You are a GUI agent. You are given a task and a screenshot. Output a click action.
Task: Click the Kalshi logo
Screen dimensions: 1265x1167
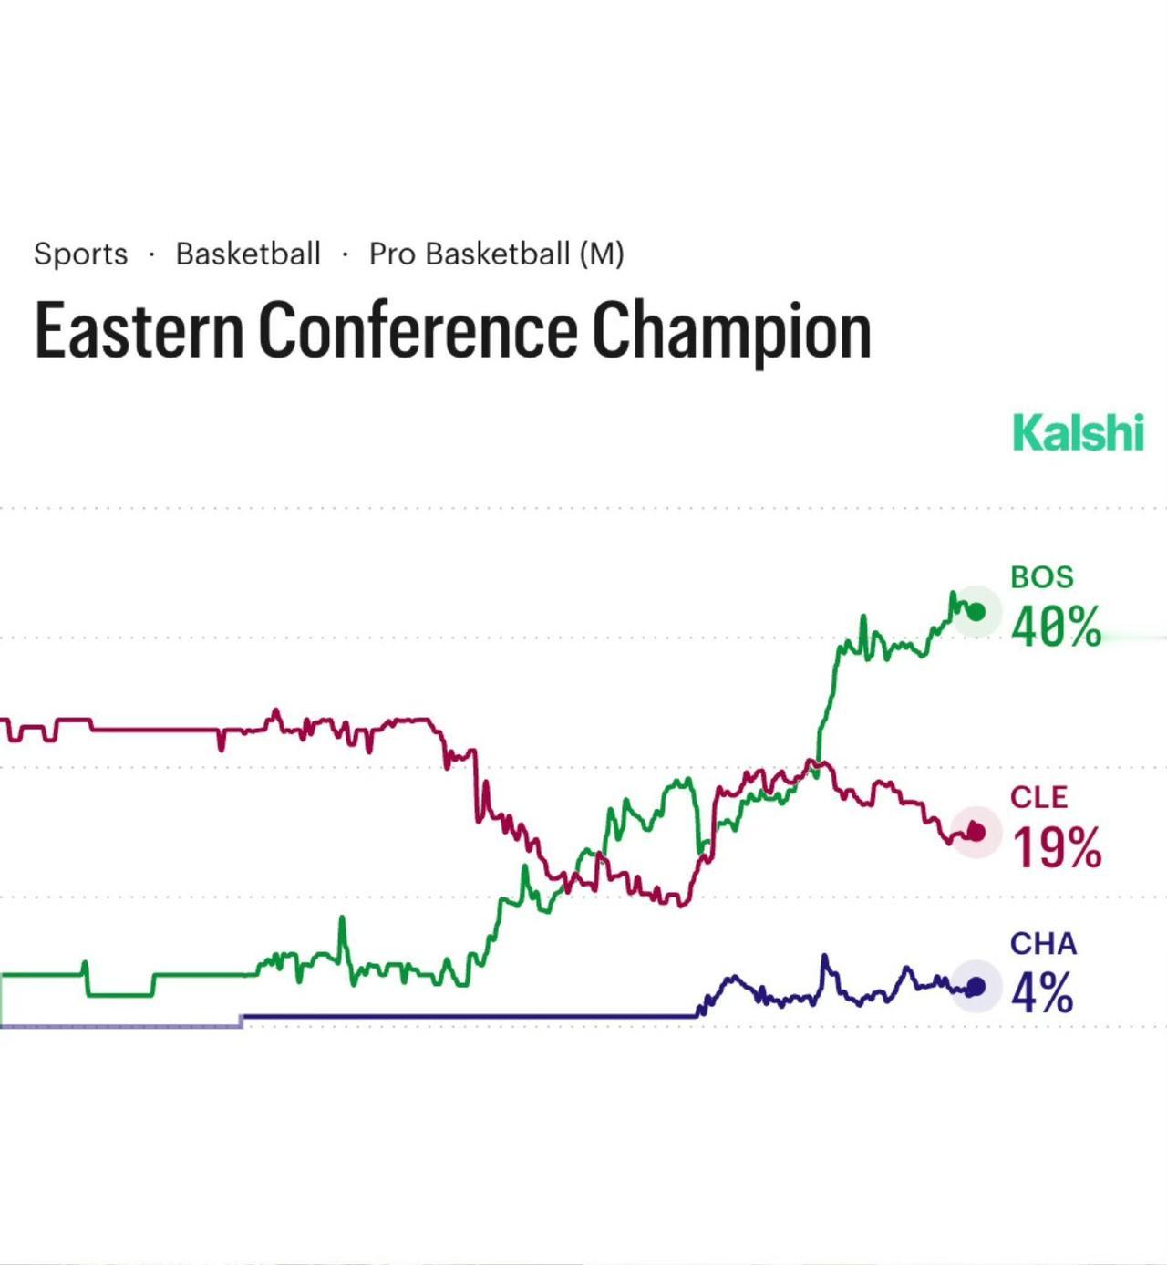(1078, 432)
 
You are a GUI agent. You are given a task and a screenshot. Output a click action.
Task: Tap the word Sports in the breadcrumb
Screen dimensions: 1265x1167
(80, 254)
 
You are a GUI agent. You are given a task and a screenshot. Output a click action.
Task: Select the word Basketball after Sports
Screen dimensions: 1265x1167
(248, 254)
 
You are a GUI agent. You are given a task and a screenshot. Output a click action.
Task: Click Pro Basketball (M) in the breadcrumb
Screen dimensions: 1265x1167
(496, 254)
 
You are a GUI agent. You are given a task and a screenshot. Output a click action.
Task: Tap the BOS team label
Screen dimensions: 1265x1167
(1041, 577)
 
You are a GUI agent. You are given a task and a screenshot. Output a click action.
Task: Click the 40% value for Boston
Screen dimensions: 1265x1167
(1056, 627)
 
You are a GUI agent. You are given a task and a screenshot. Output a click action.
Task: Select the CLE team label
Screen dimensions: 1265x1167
(1038, 797)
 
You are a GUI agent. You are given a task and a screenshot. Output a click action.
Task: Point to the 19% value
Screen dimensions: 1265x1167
(1057, 848)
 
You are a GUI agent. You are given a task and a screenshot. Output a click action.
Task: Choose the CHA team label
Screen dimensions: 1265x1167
(1043, 943)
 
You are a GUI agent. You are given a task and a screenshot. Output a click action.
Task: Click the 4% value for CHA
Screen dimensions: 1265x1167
(1041, 992)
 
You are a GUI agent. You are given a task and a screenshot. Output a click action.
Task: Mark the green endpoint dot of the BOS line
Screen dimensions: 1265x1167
(976, 612)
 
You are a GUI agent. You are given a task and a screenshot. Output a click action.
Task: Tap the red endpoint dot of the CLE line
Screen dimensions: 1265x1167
(976, 832)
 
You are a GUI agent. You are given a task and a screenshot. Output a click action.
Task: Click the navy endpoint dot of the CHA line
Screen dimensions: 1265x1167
(976, 987)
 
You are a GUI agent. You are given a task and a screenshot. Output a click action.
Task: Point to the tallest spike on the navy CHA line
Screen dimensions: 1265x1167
(825, 957)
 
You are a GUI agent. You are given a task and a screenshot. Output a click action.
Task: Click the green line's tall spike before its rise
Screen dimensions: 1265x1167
(343, 919)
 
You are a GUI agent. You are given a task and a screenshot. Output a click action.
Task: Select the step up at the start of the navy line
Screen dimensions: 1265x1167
(242, 1021)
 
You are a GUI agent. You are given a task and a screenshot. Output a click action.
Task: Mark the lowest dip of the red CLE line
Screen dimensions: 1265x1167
(681, 904)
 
